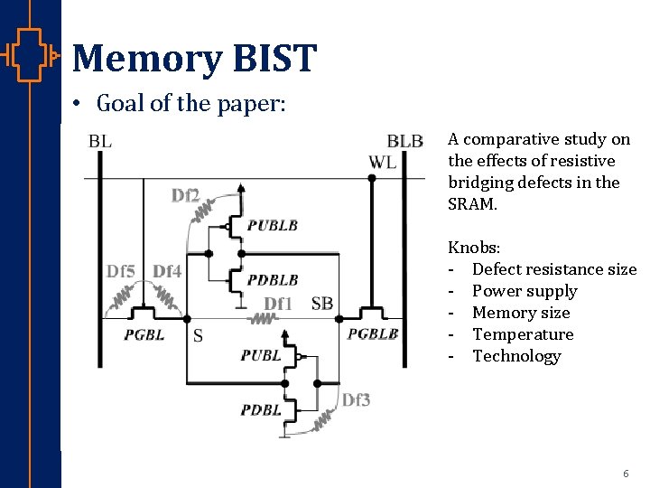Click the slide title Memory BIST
(x=194, y=58)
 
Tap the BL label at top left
(x=100, y=141)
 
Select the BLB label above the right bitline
(x=404, y=141)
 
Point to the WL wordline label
(x=382, y=162)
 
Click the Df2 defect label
(x=185, y=194)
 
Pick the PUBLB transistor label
(x=273, y=225)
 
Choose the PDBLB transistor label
(x=273, y=280)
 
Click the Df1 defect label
(x=278, y=304)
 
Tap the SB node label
(x=321, y=304)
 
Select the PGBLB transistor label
(x=373, y=334)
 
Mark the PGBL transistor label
(x=144, y=335)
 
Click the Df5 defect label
(x=122, y=271)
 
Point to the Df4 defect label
(x=167, y=271)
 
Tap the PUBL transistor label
(x=261, y=355)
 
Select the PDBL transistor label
(x=261, y=410)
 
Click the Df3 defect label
(x=356, y=399)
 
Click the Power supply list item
(x=525, y=291)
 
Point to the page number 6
(x=626, y=474)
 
